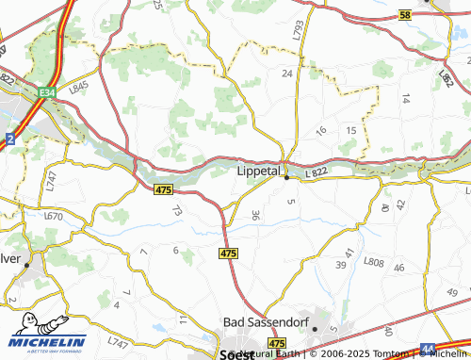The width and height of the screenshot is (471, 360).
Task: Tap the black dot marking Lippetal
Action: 286,178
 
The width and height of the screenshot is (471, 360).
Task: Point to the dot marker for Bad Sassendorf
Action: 315,330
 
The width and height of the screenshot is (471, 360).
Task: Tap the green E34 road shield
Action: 48,92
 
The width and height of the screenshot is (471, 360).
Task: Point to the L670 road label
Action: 53,217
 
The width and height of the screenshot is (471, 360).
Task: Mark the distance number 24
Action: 287,73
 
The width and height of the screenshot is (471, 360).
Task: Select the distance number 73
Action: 175,213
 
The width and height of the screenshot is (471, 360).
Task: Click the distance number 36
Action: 255,216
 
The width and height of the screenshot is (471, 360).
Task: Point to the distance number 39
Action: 340,267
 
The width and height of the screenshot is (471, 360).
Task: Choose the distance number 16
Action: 321,130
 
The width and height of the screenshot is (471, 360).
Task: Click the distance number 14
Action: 406,98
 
